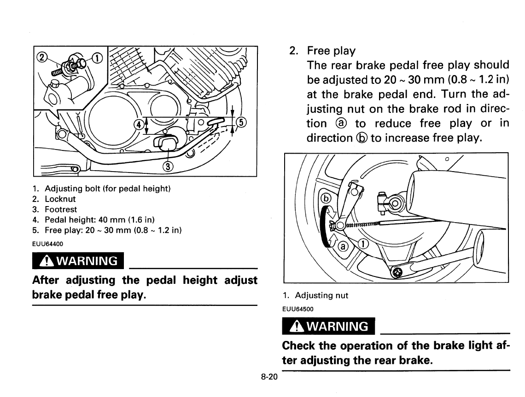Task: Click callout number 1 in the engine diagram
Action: tap(98, 58)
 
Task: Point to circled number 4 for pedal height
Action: tap(137, 124)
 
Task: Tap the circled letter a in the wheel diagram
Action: tap(342, 247)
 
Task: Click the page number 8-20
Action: tap(269, 377)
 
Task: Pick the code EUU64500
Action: tap(297, 309)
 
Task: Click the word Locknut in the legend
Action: tap(60, 199)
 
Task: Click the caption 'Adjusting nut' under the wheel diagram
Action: tap(321, 296)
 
